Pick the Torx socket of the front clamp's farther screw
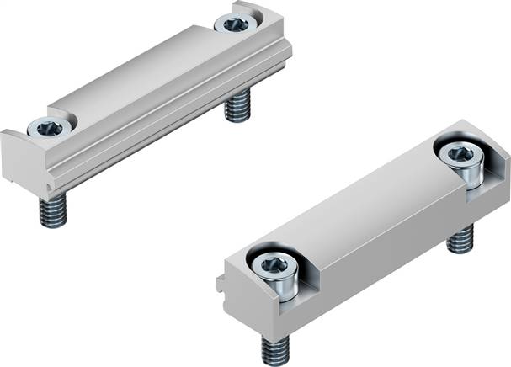click(459, 154)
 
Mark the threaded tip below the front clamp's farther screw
click(459, 241)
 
